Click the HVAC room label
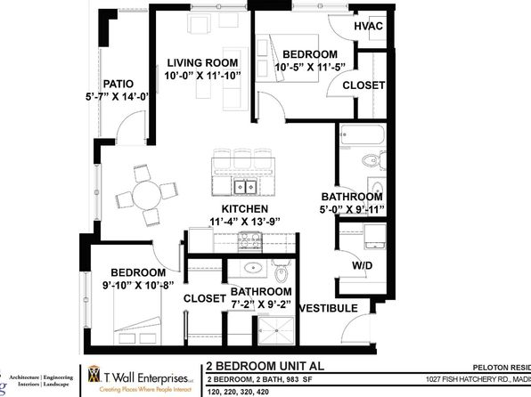[x=368, y=26]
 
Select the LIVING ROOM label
[x=203, y=62]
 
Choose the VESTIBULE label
[x=329, y=308]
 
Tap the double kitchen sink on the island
[x=246, y=187]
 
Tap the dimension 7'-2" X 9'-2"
[x=261, y=305]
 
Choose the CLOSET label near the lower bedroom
[x=205, y=300]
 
